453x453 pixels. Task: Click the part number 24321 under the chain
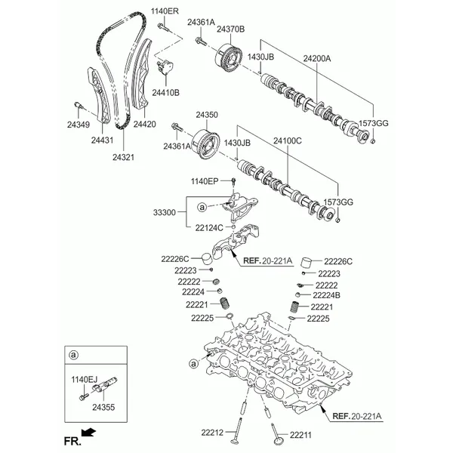(123, 157)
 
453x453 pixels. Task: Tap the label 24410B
(166, 92)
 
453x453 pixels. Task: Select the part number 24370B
(230, 29)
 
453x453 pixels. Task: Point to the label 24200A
(317, 59)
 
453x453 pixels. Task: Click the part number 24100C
(288, 140)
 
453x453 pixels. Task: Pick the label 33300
(164, 212)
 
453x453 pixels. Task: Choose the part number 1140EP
(205, 181)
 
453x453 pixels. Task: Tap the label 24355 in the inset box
(103, 408)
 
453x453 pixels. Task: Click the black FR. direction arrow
(88, 432)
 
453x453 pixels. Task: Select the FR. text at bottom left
(72, 442)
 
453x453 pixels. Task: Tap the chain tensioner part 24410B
(165, 67)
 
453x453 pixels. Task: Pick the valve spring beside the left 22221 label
(225, 304)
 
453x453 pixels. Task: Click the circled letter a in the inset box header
(74, 355)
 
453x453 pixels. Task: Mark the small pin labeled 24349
(79, 106)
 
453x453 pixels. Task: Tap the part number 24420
(144, 125)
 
